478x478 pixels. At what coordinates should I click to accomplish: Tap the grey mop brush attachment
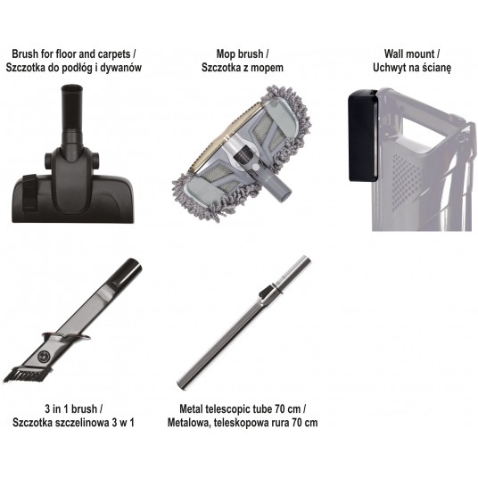click(242, 152)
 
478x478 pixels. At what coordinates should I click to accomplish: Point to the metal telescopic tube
click(243, 323)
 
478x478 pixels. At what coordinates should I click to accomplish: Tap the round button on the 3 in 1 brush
click(45, 356)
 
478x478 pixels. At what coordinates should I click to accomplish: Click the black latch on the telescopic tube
click(266, 291)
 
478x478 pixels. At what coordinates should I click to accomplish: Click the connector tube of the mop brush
click(278, 186)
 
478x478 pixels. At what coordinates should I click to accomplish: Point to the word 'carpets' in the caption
click(114, 54)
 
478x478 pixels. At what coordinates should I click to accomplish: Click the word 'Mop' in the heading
click(226, 54)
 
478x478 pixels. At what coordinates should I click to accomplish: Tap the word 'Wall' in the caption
click(394, 54)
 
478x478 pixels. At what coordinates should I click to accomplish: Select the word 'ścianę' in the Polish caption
click(437, 68)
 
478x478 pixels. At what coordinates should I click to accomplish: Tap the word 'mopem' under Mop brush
click(269, 68)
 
